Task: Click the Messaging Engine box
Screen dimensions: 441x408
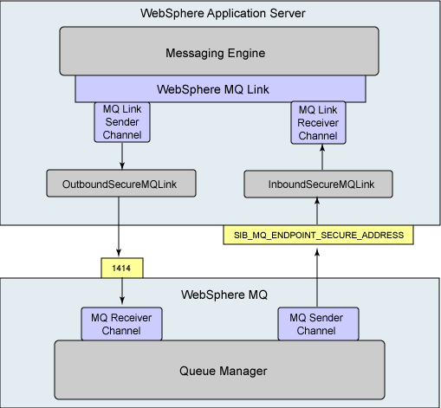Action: tap(219, 51)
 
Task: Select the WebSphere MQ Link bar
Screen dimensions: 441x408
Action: tap(220, 89)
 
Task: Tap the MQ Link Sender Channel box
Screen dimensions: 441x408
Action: tap(122, 122)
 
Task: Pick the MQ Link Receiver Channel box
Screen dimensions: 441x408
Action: tap(318, 122)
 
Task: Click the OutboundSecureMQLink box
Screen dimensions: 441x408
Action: tap(121, 184)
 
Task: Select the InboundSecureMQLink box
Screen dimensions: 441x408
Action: tap(318, 184)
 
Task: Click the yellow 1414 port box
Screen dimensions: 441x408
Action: tap(122, 268)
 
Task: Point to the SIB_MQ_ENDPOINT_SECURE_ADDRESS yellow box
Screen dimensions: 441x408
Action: tap(318, 235)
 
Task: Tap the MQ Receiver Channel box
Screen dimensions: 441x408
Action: tap(121, 324)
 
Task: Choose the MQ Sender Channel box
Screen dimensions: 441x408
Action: tap(318, 324)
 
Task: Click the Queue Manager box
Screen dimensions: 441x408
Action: tap(219, 370)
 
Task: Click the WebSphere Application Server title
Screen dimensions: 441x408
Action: tap(223, 13)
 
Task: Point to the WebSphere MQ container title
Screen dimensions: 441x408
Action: tap(224, 295)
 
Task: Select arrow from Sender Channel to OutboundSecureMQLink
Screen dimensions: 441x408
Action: tap(122, 156)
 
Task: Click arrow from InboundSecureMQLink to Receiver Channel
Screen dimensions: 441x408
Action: tap(322, 157)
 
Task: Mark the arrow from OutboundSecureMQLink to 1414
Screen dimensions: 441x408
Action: tap(119, 227)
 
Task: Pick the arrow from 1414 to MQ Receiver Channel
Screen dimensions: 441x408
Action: tap(122, 291)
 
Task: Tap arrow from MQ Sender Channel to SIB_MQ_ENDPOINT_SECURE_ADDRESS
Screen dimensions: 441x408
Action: tap(317, 278)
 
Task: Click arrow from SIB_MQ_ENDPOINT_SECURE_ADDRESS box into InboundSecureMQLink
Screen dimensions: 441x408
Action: tap(317, 211)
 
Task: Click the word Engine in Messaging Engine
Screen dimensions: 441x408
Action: tap(246, 54)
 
